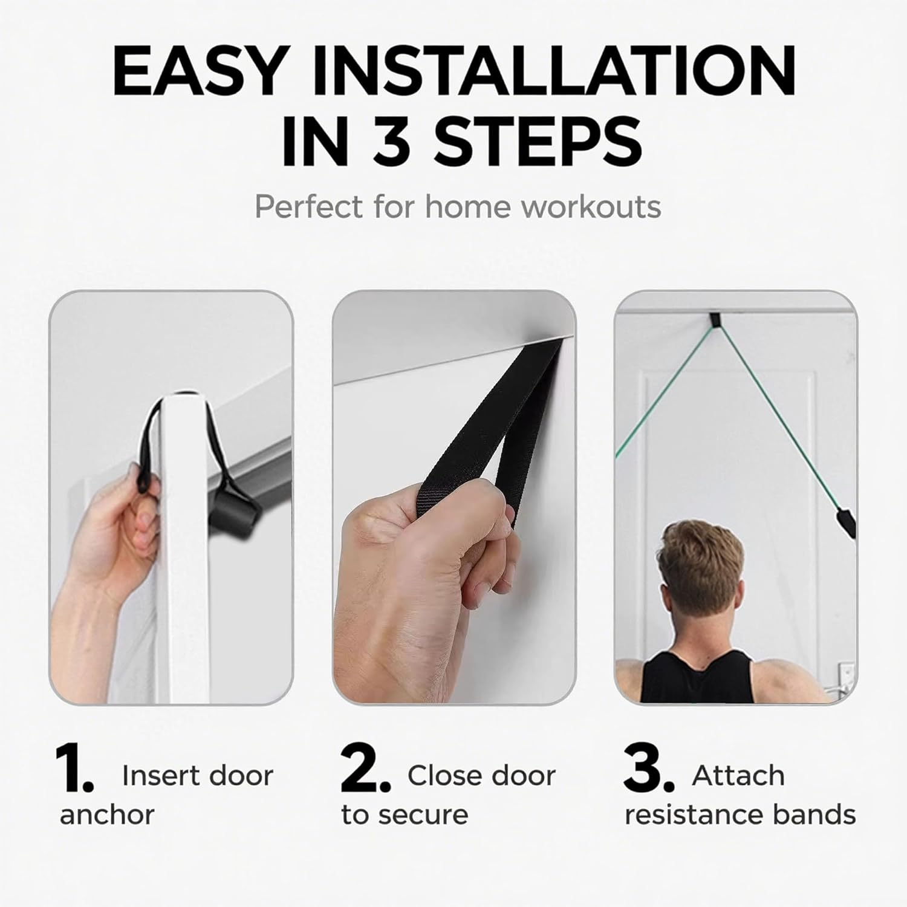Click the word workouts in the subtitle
[x=591, y=207]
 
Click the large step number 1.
[x=74, y=769]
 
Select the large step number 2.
[x=365, y=769]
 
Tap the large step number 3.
[x=649, y=769]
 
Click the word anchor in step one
[x=107, y=814]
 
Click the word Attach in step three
[x=738, y=775]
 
